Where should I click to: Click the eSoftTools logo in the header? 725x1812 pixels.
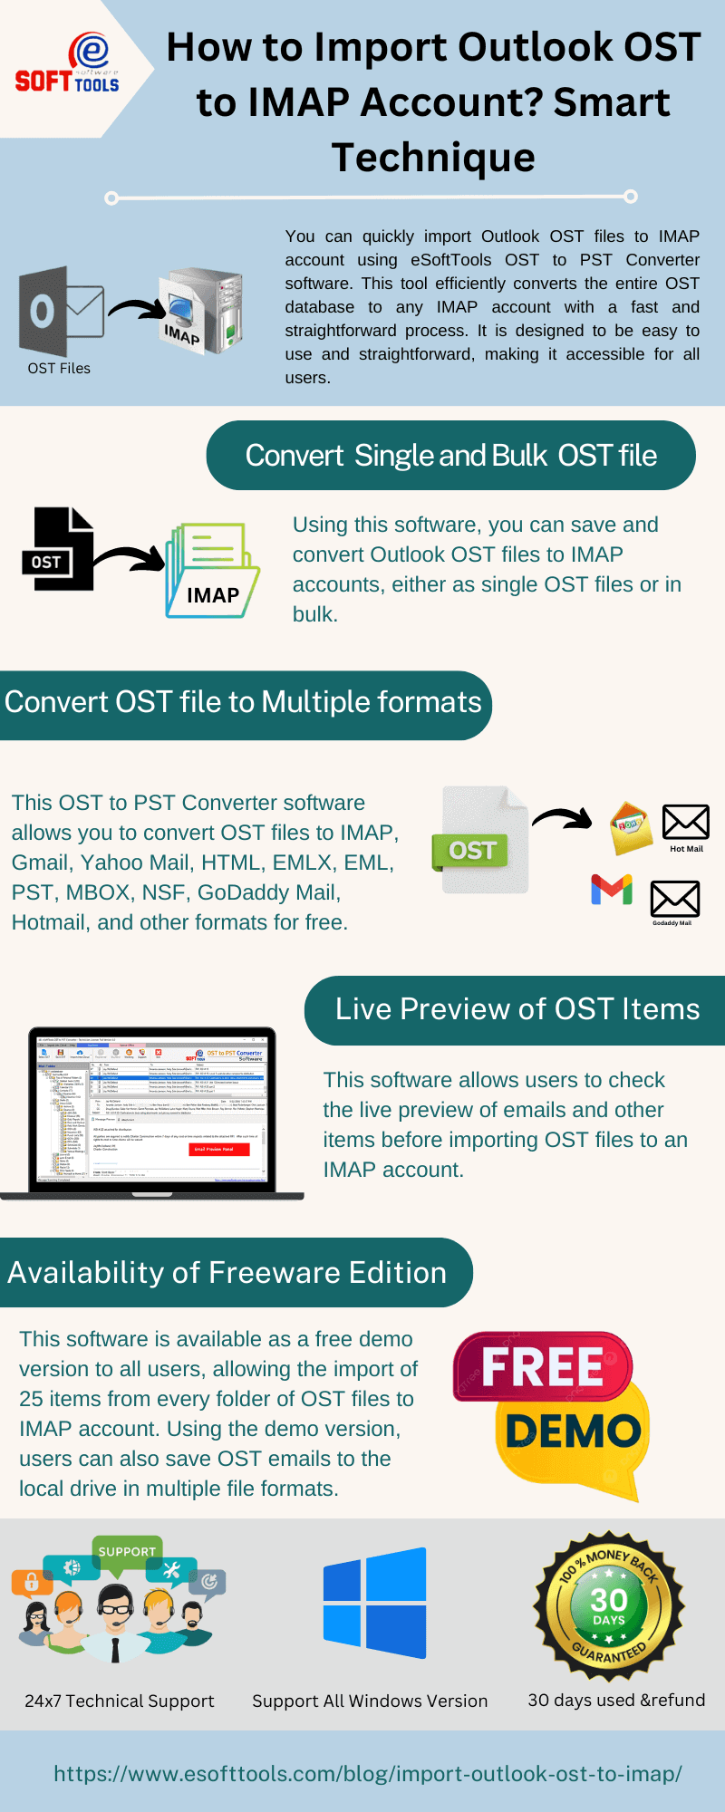(x=68, y=64)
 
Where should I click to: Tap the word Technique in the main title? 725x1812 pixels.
(x=433, y=158)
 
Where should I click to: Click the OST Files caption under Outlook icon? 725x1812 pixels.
(x=59, y=369)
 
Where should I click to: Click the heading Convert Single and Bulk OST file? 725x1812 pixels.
(x=450, y=456)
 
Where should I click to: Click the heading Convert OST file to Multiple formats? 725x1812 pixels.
(x=243, y=703)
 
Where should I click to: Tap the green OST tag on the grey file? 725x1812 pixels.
(x=472, y=851)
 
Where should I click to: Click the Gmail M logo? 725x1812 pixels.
(x=612, y=889)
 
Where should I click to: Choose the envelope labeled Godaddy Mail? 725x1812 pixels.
(x=674, y=899)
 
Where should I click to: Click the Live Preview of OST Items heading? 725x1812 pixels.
(x=517, y=1009)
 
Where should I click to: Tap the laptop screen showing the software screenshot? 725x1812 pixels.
(x=151, y=1110)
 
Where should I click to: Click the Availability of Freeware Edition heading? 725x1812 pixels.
(x=227, y=1273)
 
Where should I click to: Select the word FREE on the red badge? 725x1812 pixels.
(x=542, y=1367)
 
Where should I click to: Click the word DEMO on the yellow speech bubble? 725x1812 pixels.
(x=573, y=1432)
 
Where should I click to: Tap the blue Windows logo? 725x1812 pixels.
(x=374, y=1604)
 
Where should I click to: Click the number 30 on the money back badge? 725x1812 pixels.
(x=608, y=1600)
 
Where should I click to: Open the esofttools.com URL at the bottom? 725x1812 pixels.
(x=367, y=1774)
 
